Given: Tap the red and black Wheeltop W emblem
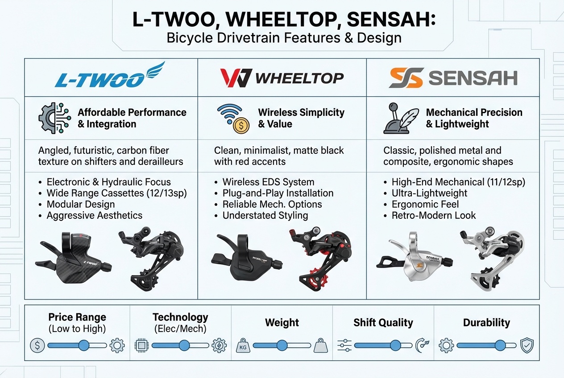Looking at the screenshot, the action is click(x=236, y=78).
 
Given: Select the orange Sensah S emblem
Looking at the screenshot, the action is click(x=405, y=78).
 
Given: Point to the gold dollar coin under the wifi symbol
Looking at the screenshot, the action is click(x=241, y=126).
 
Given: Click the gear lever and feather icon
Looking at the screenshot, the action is click(x=401, y=118).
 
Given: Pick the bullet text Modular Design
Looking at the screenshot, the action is click(x=81, y=204).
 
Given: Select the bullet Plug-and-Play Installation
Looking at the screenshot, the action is click(x=278, y=193).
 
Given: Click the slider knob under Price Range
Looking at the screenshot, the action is click(x=83, y=345).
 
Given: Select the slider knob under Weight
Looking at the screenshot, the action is click(x=282, y=345).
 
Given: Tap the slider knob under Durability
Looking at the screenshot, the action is click(x=500, y=345).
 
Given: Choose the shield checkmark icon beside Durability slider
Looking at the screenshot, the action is click(x=527, y=345).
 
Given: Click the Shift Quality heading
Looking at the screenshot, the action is click(x=383, y=322).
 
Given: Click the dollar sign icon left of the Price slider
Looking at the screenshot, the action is click(x=37, y=345).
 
